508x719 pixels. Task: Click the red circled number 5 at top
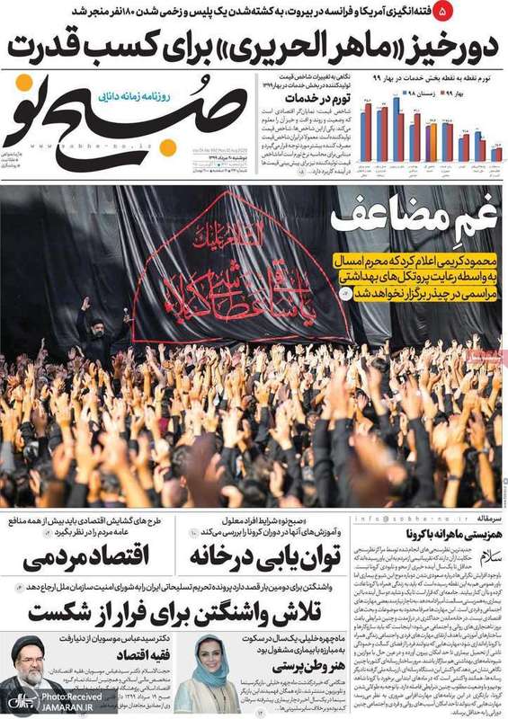pos(491,11)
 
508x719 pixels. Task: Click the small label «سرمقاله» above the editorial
pos(486,519)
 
